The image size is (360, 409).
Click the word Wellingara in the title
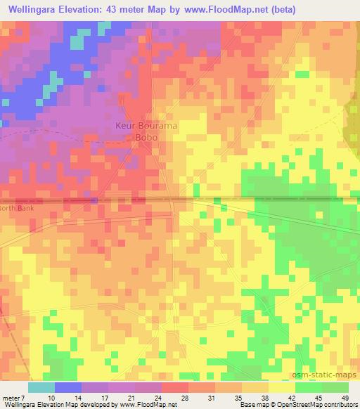(x=32, y=10)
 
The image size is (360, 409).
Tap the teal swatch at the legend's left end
(x=41, y=387)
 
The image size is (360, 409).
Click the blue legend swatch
(x=68, y=387)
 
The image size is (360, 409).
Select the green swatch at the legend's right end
(x=335, y=387)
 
